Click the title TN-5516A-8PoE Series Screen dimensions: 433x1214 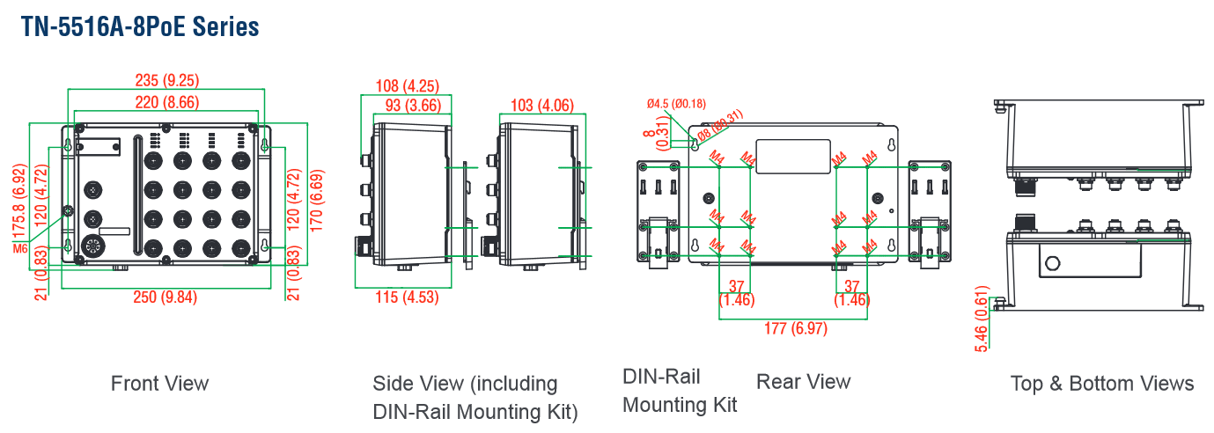(140, 27)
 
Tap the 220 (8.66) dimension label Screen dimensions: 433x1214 (166, 102)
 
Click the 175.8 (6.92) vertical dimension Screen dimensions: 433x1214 (17, 202)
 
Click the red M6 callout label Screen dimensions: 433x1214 (21, 249)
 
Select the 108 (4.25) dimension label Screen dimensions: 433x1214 (407, 86)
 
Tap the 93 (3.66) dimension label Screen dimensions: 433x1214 (413, 106)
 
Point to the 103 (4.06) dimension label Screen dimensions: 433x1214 (541, 106)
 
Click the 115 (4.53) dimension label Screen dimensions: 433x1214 (407, 297)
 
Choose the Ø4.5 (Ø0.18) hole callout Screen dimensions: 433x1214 (676, 104)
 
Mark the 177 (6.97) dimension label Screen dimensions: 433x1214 (795, 328)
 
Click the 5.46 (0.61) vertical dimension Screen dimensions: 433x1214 (982, 319)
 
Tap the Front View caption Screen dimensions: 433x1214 (159, 383)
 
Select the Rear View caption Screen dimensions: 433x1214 (803, 381)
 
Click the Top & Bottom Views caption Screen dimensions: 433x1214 (1101, 383)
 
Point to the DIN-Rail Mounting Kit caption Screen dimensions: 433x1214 (679, 390)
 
